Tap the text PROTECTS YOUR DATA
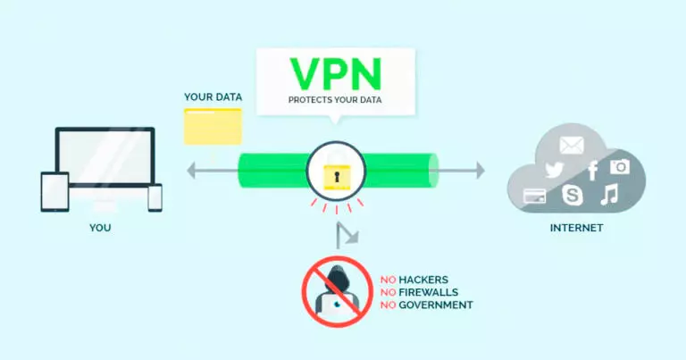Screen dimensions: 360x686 click(335, 100)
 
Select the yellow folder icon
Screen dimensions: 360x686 click(212, 126)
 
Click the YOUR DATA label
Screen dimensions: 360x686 click(213, 96)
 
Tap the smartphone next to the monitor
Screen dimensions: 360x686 click(155, 197)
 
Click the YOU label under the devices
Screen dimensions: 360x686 click(100, 228)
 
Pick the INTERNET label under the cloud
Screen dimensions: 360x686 click(576, 228)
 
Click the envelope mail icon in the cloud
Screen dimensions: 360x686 click(571, 146)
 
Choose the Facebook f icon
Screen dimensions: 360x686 click(592, 171)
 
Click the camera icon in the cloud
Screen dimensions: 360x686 click(620, 166)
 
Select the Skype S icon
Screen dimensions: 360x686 click(572, 195)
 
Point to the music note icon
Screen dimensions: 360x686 click(609, 194)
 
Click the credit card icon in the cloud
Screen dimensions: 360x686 click(535, 195)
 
